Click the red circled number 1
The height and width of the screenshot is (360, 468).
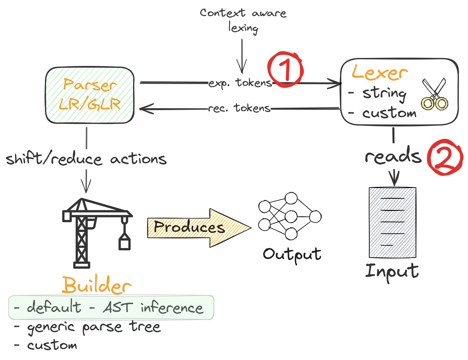[x=285, y=69]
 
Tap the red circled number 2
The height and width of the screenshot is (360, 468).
[x=445, y=157]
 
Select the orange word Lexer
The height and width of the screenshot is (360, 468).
[x=380, y=73]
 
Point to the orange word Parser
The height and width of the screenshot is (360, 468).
[x=90, y=85]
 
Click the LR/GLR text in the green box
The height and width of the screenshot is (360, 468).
[x=90, y=104]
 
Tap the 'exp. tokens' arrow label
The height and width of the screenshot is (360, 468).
[x=240, y=83]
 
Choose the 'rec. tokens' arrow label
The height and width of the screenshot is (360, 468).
[x=239, y=108]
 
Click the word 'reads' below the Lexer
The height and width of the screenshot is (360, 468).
[x=393, y=156]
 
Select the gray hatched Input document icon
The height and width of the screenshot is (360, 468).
[x=392, y=222]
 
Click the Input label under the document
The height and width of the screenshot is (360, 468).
[x=392, y=272]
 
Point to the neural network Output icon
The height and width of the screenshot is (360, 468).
[x=290, y=216]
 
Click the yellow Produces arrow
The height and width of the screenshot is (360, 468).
[x=199, y=228]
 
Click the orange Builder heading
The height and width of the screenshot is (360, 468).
[x=97, y=285]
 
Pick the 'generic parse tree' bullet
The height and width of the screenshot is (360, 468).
[x=94, y=327]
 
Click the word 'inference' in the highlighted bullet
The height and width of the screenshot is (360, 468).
[x=172, y=308]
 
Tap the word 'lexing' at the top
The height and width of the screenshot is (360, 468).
[x=243, y=28]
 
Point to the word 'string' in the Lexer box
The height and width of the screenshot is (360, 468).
[x=384, y=93]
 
